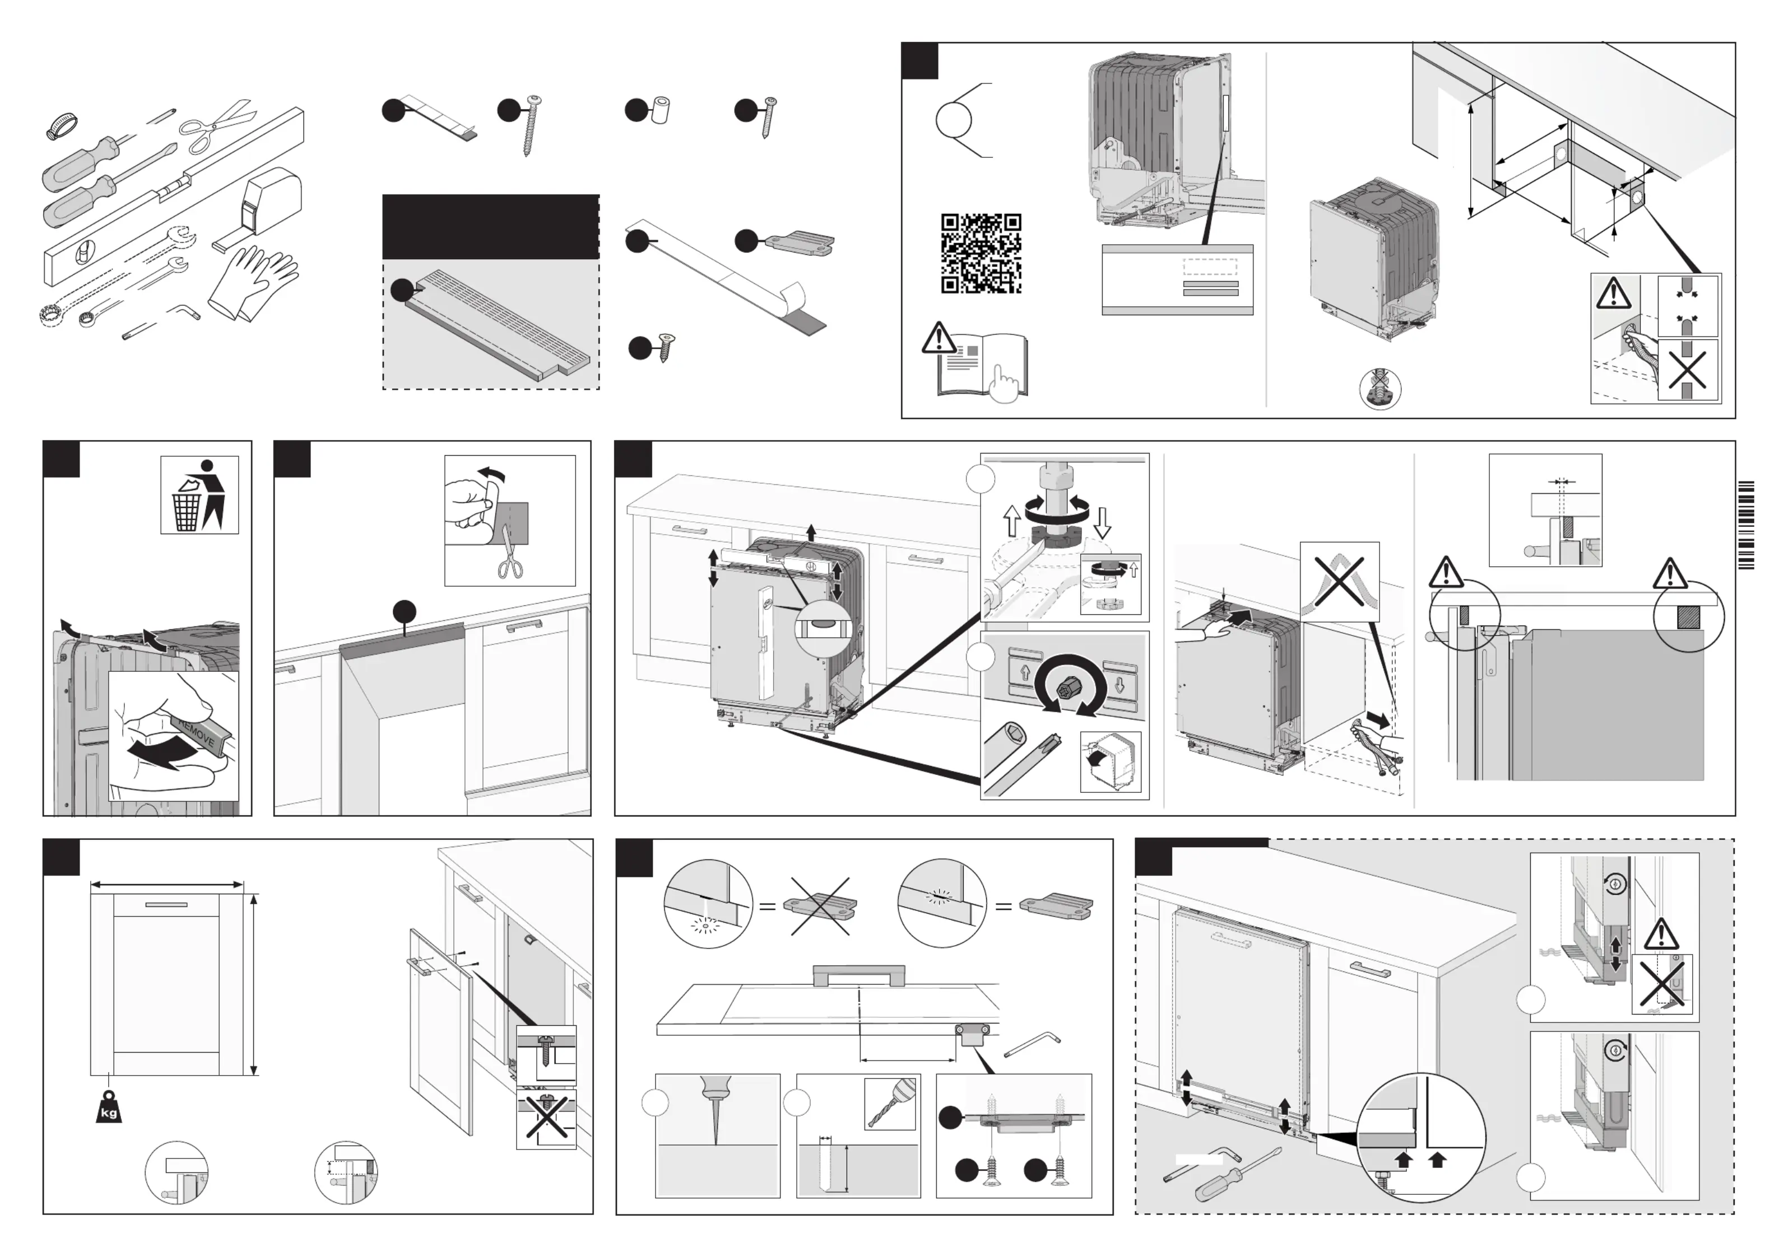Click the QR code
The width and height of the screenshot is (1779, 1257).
tap(980, 253)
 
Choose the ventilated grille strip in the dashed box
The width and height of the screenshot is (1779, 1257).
tap(496, 325)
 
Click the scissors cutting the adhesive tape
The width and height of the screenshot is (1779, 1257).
tap(510, 560)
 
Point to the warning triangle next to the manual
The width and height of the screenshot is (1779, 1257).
tap(939, 338)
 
